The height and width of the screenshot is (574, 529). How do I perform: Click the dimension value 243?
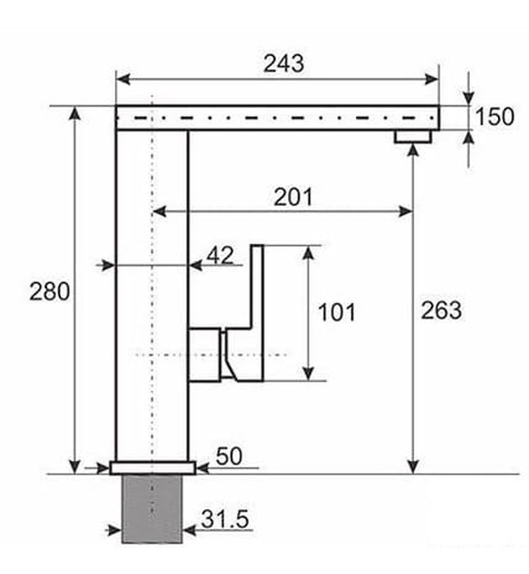283,63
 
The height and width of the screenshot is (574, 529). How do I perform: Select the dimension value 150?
495,117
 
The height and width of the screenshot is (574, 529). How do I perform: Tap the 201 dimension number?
293,197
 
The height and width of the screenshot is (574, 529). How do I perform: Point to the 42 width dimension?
220,255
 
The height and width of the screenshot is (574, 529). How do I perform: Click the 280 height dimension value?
50,291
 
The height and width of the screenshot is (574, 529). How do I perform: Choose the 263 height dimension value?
441,310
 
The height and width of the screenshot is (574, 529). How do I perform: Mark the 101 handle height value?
336,312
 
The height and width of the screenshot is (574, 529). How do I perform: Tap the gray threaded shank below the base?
152,508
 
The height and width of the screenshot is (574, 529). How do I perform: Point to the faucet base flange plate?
153,467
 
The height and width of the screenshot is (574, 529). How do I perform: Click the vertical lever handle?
257,312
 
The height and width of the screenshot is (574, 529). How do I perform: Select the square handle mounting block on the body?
205,354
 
